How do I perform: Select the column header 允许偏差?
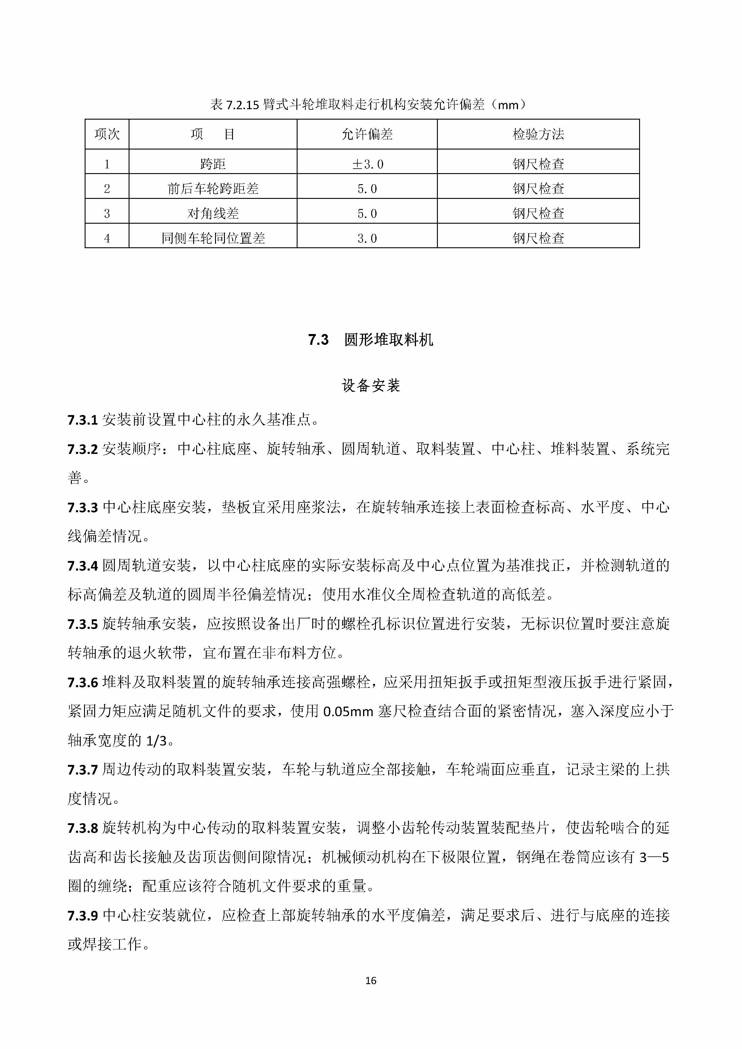[x=367, y=134]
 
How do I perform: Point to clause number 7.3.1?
[x=83, y=420]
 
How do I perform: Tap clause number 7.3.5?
[x=83, y=624]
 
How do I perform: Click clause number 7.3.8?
[x=83, y=828]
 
